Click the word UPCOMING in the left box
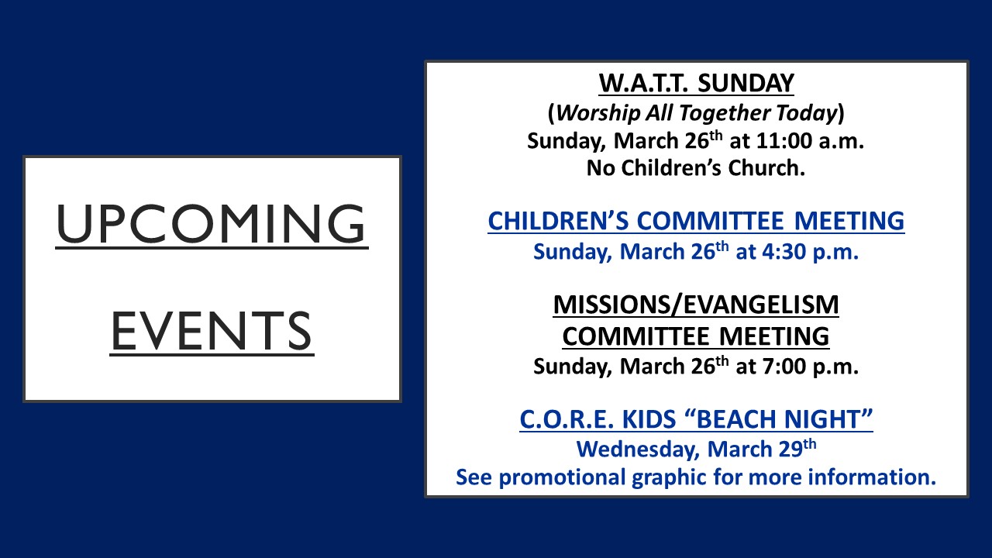pos(212,224)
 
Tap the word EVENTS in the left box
pos(212,331)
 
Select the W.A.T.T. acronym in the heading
pos(643,83)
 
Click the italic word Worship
pos(598,112)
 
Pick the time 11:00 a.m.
pos(810,141)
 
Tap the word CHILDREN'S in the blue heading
pos(558,221)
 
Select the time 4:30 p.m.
pos(810,252)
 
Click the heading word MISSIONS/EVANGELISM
pos(696,305)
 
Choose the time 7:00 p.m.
pos(810,367)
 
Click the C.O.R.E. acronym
pos(567,419)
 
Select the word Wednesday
pos(638,449)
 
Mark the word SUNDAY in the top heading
pos(746,83)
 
